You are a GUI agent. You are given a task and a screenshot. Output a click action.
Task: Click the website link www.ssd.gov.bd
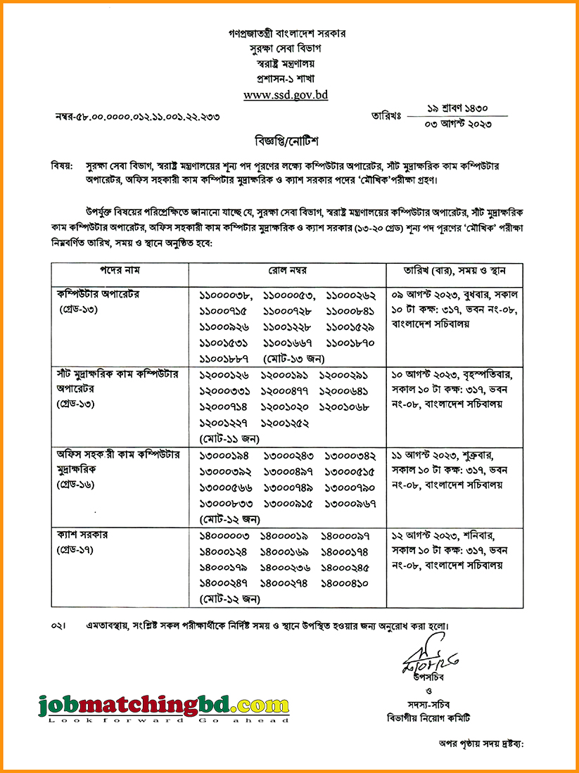point(286,94)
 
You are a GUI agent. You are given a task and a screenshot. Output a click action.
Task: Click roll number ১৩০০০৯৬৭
point(352,503)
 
